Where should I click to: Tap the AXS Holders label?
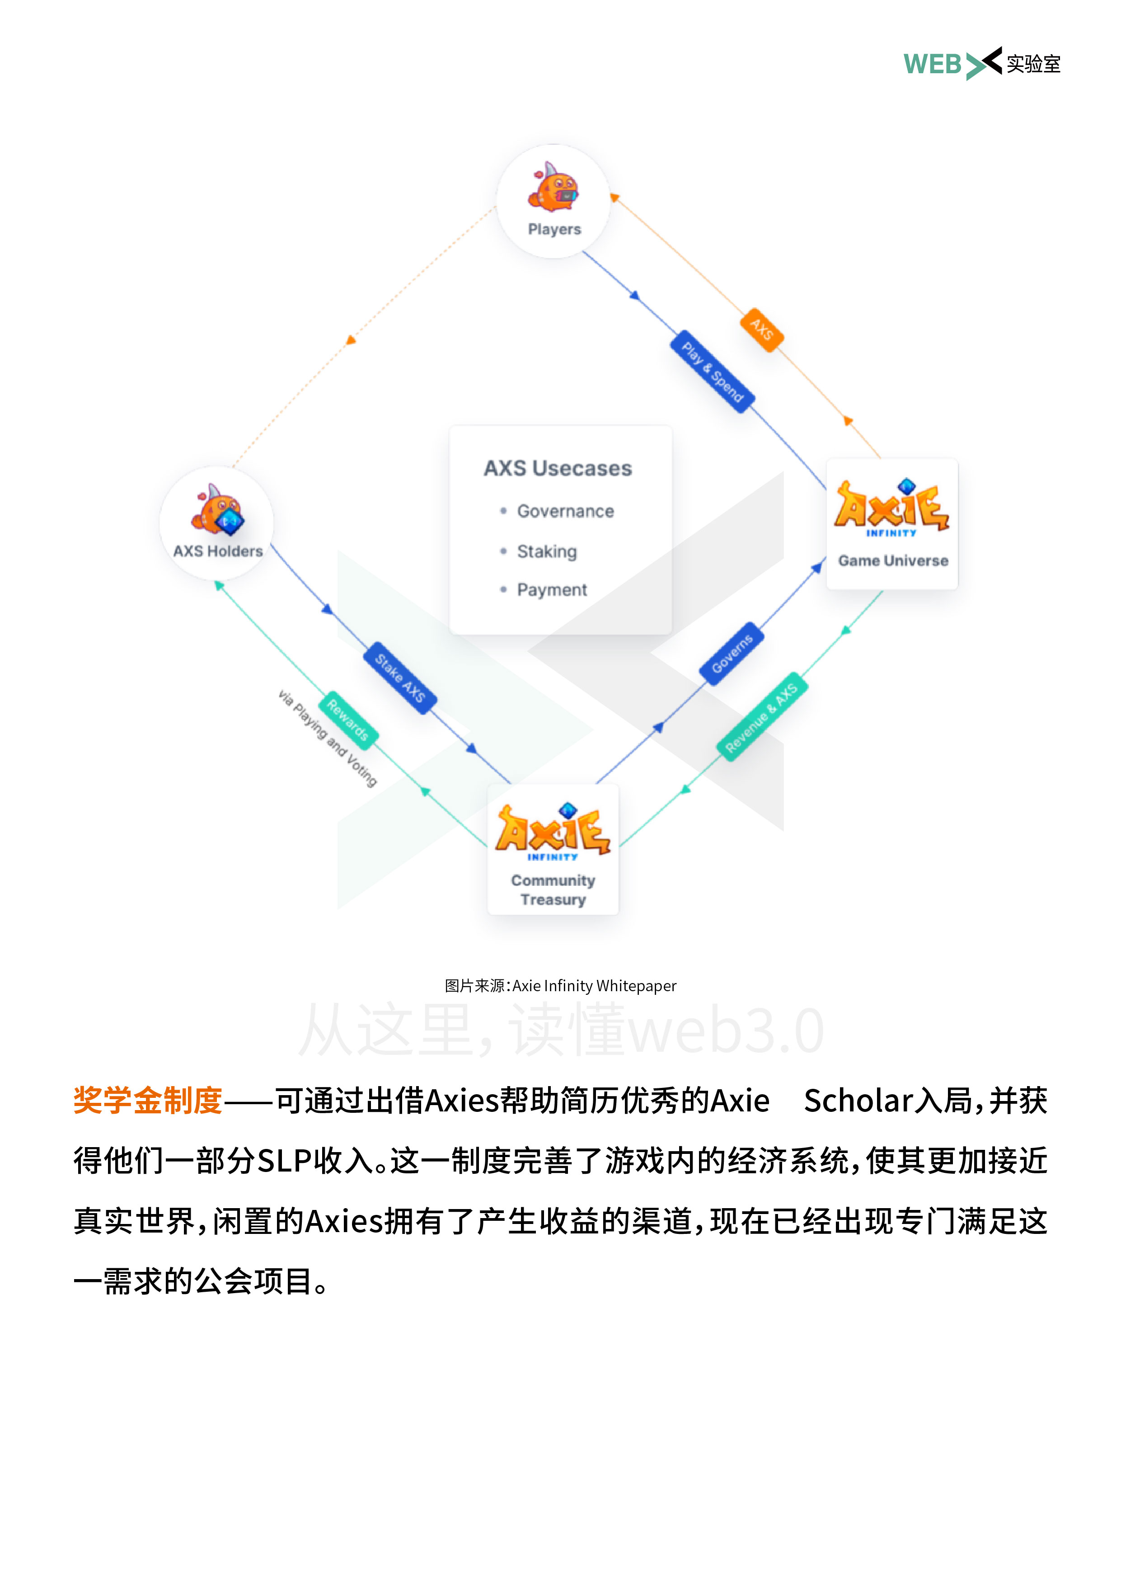pos(218,551)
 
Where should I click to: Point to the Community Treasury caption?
pos(553,889)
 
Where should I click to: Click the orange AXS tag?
pos(762,329)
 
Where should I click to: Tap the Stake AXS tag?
pos(399,678)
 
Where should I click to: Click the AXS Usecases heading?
pos(558,468)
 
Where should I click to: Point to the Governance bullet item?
pos(565,511)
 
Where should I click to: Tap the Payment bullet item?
pos(552,590)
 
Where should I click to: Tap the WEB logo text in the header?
pos(933,64)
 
